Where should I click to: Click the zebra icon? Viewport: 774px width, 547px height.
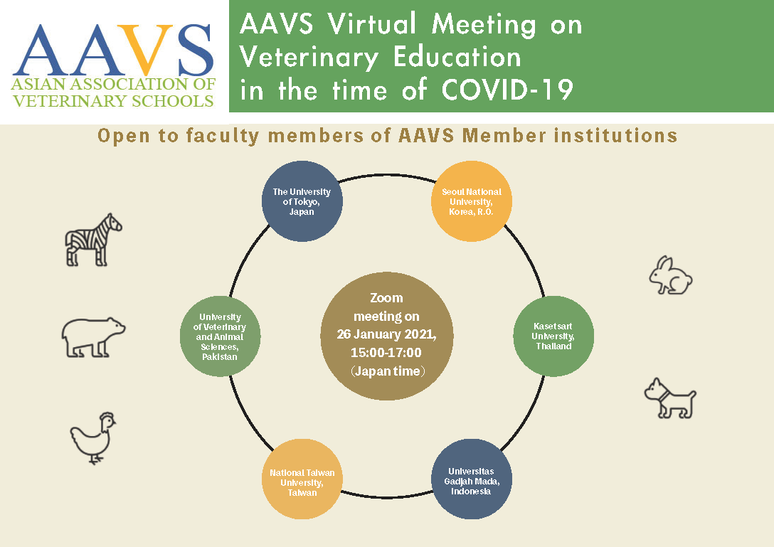[93, 240]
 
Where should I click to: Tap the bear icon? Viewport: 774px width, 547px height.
[93, 337]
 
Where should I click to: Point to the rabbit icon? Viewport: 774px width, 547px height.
[670, 275]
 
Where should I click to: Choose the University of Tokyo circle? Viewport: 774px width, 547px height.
[302, 201]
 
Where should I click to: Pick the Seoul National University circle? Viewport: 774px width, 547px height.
[472, 201]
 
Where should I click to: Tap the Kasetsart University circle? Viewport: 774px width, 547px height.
[553, 336]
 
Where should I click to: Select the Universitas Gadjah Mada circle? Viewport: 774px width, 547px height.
[472, 479]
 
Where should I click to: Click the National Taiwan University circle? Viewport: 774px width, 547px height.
[302, 479]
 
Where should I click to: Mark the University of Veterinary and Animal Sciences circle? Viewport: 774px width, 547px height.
[220, 336]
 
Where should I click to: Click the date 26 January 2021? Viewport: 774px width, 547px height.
[386, 334]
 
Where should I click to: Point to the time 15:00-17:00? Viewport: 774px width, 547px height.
[386, 353]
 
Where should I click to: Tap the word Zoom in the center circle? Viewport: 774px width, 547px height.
[386, 298]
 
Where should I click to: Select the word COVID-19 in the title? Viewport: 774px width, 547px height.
[507, 90]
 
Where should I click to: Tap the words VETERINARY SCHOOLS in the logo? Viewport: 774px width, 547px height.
[113, 101]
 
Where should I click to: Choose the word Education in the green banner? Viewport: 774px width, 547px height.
[457, 57]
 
